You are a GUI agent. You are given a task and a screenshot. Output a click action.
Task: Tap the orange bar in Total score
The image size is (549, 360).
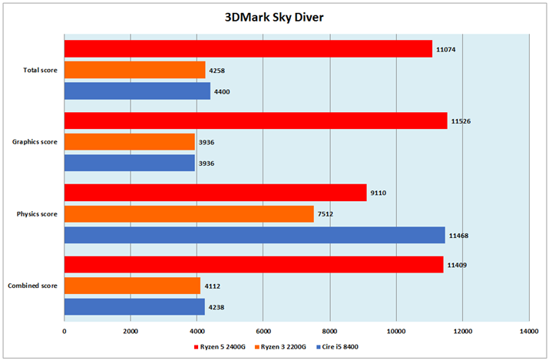[134, 71]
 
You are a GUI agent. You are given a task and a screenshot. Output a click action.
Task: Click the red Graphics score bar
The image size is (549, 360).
[255, 121]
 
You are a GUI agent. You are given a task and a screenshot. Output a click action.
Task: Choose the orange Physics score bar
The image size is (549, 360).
[189, 214]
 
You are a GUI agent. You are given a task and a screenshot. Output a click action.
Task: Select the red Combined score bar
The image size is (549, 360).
[253, 266]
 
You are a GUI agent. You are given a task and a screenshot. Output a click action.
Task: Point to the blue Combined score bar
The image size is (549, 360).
[134, 307]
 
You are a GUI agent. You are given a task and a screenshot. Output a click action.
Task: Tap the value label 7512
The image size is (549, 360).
[328, 215]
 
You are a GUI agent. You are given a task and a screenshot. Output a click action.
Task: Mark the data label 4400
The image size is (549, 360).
[223, 92]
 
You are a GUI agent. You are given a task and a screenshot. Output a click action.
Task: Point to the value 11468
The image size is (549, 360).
[459, 236]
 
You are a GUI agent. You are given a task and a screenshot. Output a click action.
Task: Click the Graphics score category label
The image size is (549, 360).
[35, 142]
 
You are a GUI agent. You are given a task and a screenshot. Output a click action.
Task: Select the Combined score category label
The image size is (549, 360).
[32, 286]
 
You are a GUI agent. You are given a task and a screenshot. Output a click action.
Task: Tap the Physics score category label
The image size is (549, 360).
[36, 214]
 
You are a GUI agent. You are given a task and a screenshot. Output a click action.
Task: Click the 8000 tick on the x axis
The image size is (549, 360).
[329, 331]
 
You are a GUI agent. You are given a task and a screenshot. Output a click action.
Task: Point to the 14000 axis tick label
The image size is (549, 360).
[528, 331]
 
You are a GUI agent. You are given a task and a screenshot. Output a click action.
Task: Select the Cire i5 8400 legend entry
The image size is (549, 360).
[339, 347]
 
